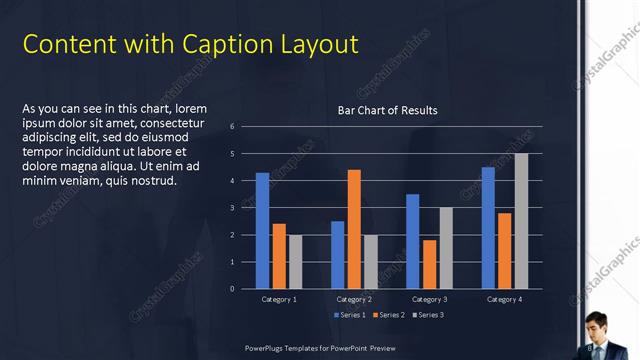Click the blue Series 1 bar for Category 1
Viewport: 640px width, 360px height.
(x=262, y=230)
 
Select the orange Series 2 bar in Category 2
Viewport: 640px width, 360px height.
(x=354, y=229)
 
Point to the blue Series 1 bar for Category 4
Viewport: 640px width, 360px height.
(x=488, y=227)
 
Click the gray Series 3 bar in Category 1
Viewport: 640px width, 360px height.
(x=295, y=261)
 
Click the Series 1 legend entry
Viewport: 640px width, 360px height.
(x=349, y=315)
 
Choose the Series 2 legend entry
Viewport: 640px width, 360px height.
(x=389, y=315)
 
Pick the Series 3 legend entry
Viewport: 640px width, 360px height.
(x=428, y=315)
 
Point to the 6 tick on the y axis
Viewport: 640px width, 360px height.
(x=232, y=126)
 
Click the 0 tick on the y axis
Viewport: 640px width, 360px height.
(x=232, y=289)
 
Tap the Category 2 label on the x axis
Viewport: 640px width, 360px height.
(x=354, y=299)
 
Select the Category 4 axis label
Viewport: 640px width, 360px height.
(x=504, y=299)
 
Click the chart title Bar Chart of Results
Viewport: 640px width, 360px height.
(x=387, y=110)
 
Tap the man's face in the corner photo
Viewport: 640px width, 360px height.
(x=597, y=324)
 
